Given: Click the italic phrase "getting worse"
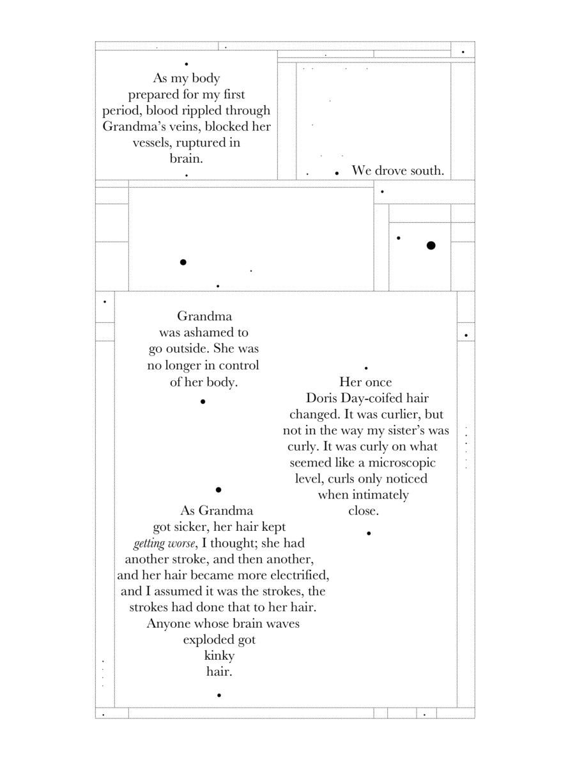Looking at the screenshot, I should click(x=163, y=544).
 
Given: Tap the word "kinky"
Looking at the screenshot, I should click(x=219, y=656).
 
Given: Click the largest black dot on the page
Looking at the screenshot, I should click(x=431, y=246).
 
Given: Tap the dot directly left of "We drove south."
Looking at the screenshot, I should click(x=337, y=173).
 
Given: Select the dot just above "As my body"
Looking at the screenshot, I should click(x=186, y=64).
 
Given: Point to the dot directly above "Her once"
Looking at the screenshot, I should click(x=366, y=368).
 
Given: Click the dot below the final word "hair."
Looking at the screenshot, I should click(x=219, y=695).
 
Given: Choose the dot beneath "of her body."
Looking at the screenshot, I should click(x=203, y=401).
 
